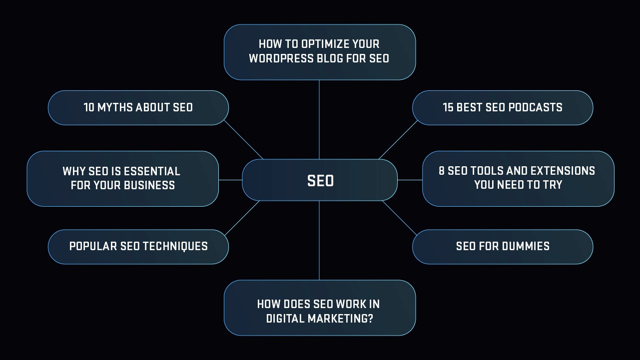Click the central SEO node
[320, 180]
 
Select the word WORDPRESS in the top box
[282, 58]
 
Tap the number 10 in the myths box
[89, 108]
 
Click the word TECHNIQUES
[175, 246]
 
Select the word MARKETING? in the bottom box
[340, 319]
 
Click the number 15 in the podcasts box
[448, 108]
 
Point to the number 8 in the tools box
[442, 171]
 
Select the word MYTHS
[115, 108]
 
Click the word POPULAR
[93, 246]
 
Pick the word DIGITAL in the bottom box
[285, 319]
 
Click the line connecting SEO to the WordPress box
[319, 120]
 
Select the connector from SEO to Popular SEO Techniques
[242, 218]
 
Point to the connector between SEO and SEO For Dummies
[399, 218]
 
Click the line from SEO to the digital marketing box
[319, 240]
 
